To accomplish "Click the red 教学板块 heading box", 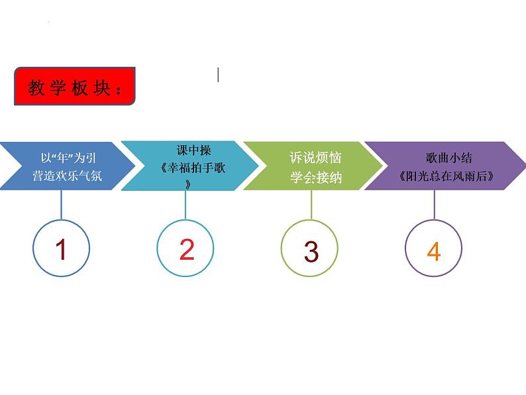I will click(x=74, y=87).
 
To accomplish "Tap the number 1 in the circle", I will click(x=61, y=250).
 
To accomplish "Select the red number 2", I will click(x=186, y=250).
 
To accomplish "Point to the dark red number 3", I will click(x=311, y=252).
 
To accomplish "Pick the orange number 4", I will click(x=434, y=252).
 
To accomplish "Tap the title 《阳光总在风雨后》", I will click(x=448, y=177).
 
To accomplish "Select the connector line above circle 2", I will click(x=185, y=205).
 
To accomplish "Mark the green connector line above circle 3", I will click(x=310, y=205).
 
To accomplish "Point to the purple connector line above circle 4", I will click(x=434, y=205).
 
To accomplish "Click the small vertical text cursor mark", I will click(x=219, y=75).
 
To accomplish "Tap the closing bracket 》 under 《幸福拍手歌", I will click(x=189, y=186).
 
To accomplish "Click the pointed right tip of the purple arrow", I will click(x=522, y=166).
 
